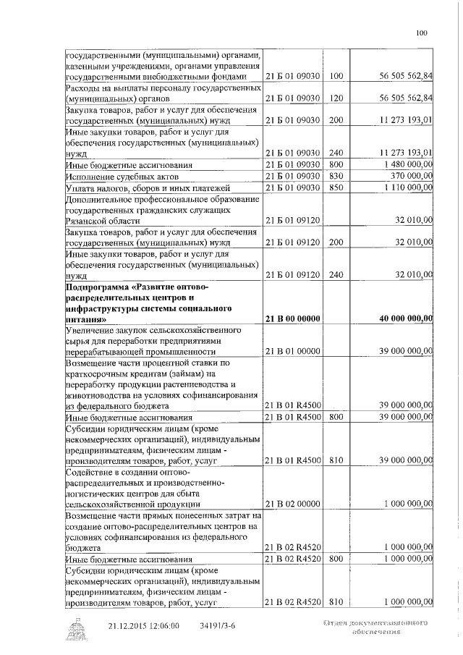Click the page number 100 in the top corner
422,32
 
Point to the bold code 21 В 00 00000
293,319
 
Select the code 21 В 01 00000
293,351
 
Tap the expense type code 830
335,177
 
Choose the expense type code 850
335,188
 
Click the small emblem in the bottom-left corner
74,628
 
